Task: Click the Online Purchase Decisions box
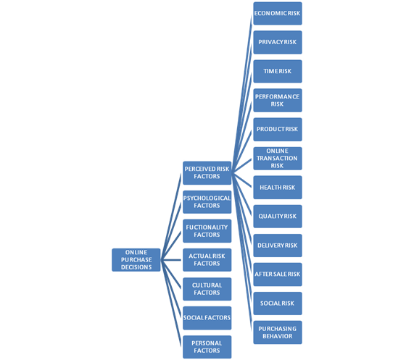[136, 260]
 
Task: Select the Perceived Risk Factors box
[207, 172]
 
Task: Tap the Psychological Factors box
[207, 202]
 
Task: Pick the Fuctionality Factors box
[207, 231]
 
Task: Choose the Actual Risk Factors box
[207, 260]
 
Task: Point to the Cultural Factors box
[207, 289]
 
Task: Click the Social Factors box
[207, 318]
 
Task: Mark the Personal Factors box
[207, 347]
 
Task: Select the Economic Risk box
[278, 14]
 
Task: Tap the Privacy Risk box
[278, 42]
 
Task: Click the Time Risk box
[278, 71]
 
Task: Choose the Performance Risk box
[278, 100]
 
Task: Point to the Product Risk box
[278, 129]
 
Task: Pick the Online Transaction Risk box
[278, 158]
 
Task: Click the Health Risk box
[278, 188]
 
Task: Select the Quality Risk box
[278, 217]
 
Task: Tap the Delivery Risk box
[278, 246]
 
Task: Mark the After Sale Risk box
[278, 275]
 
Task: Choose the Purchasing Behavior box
[278, 332]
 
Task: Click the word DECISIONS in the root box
[136, 267]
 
